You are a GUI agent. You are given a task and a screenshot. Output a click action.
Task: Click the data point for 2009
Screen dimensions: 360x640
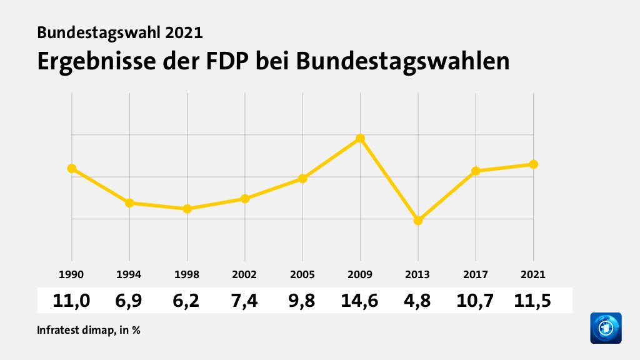[x=361, y=138]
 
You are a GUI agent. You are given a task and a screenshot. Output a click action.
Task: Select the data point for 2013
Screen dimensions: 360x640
[x=418, y=221]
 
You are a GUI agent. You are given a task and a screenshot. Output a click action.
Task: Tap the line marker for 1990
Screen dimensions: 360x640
[x=72, y=168]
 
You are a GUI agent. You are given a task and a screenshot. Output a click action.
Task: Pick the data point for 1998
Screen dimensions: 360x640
[x=187, y=209]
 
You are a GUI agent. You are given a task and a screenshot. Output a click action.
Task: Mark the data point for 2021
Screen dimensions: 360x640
[x=534, y=164]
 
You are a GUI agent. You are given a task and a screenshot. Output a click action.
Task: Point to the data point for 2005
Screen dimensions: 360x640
[x=302, y=179]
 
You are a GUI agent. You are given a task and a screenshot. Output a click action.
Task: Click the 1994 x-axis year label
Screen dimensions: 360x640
[x=129, y=274]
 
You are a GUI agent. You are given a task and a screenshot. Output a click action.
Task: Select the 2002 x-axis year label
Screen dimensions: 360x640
[x=245, y=274]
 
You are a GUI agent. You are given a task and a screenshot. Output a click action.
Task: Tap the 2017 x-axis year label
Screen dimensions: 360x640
[x=476, y=274]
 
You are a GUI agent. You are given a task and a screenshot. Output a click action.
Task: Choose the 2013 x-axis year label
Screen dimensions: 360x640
[x=418, y=274]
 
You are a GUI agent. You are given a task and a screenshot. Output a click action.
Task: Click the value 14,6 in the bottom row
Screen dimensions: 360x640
[x=361, y=301]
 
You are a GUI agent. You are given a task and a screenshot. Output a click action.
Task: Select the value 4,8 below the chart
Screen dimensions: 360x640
[x=418, y=301]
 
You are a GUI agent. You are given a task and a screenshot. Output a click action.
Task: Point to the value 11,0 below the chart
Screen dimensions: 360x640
[x=72, y=301]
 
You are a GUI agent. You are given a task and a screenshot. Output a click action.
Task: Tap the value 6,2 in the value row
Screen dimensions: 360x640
[x=187, y=301]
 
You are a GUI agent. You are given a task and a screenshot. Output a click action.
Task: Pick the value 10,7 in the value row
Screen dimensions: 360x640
[x=476, y=301]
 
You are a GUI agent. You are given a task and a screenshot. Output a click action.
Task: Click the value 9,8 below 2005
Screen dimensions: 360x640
[x=302, y=301]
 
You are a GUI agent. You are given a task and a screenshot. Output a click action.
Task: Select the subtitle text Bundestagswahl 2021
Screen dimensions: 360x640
[x=120, y=32]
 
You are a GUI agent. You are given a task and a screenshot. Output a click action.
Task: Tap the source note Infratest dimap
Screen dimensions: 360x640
[x=76, y=329]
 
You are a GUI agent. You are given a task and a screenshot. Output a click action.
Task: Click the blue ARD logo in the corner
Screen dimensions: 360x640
[x=606, y=328]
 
